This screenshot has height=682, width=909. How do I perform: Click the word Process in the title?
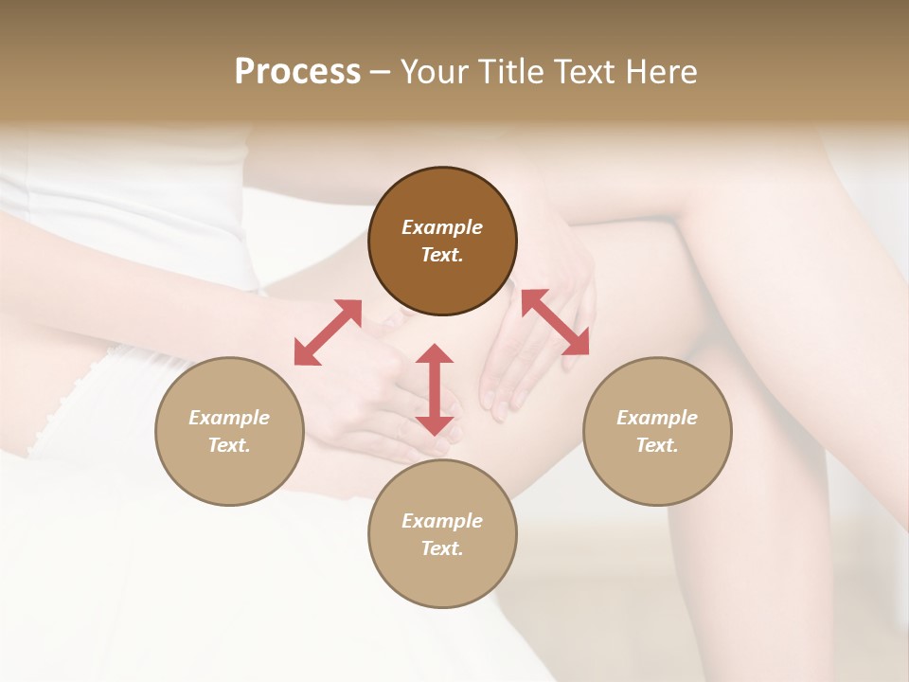(x=297, y=72)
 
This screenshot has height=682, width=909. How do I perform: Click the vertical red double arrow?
(x=435, y=389)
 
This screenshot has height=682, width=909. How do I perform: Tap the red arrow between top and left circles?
(x=328, y=332)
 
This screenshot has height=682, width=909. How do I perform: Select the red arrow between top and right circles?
(x=556, y=322)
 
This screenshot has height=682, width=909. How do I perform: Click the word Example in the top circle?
(x=442, y=227)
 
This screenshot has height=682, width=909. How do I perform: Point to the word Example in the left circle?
(x=229, y=418)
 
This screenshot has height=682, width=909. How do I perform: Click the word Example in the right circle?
(x=657, y=418)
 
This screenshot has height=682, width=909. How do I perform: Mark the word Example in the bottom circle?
(x=442, y=521)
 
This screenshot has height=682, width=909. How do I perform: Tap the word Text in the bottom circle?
(x=442, y=548)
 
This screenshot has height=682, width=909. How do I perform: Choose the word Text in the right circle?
(x=657, y=445)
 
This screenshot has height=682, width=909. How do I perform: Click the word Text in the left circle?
(x=229, y=445)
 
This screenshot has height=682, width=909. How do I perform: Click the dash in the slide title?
(x=381, y=73)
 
